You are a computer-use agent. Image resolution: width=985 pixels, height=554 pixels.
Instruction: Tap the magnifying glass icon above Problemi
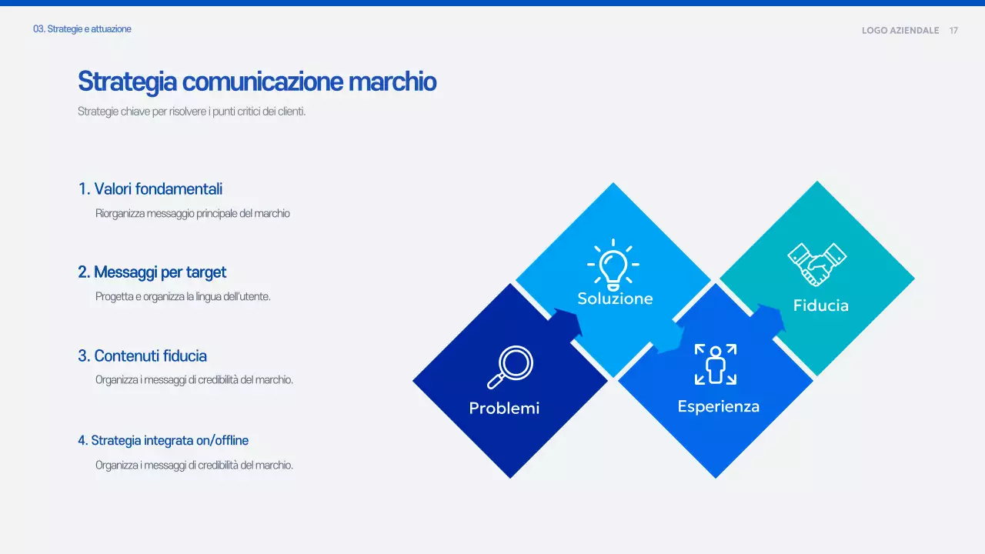tap(510, 368)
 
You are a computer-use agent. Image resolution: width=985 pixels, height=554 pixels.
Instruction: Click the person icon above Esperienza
tap(716, 365)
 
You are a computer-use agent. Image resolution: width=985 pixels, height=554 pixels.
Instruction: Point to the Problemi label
tap(504, 408)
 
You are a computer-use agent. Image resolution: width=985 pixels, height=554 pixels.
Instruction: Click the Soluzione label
tap(615, 299)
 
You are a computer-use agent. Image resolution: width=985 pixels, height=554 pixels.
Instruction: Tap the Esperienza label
tap(718, 406)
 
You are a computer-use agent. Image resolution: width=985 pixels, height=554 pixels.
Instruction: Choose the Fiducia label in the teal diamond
tap(820, 305)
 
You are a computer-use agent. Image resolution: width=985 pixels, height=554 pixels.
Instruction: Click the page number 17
tap(953, 31)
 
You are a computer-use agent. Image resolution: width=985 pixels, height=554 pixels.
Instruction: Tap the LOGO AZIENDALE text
tap(900, 31)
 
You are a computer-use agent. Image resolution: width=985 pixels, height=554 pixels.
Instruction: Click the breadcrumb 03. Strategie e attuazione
tap(82, 29)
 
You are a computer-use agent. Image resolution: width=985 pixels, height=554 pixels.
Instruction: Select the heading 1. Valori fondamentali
tap(150, 189)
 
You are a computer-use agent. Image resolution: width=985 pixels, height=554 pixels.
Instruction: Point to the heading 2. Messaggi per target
tap(152, 272)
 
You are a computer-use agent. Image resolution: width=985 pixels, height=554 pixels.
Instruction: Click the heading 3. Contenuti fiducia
tap(142, 355)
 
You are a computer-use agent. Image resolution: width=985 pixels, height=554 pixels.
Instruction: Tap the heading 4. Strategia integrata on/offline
tap(162, 441)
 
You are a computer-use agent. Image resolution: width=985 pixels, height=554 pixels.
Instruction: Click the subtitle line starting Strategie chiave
tap(192, 112)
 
